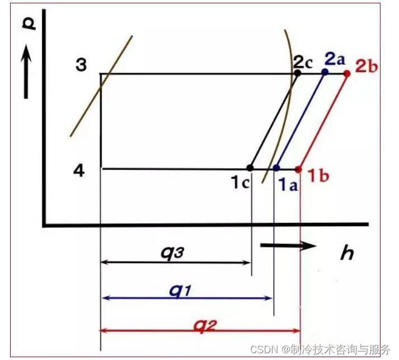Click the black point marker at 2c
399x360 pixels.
pyautogui.click(x=298, y=72)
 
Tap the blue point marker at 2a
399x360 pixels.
pyautogui.click(x=325, y=72)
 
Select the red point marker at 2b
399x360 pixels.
pyautogui.click(x=347, y=73)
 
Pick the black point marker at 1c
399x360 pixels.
pyautogui.click(x=250, y=167)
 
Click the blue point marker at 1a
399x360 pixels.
pyautogui.click(x=276, y=167)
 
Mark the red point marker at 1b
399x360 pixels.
pyautogui.click(x=298, y=169)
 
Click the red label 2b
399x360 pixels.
pyautogui.click(x=366, y=65)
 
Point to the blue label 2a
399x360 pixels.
pyautogui.click(x=337, y=58)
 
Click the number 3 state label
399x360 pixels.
pyautogui.click(x=81, y=65)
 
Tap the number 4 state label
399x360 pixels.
pyautogui.click(x=79, y=170)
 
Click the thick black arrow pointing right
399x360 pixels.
pyautogui.click(x=288, y=245)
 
